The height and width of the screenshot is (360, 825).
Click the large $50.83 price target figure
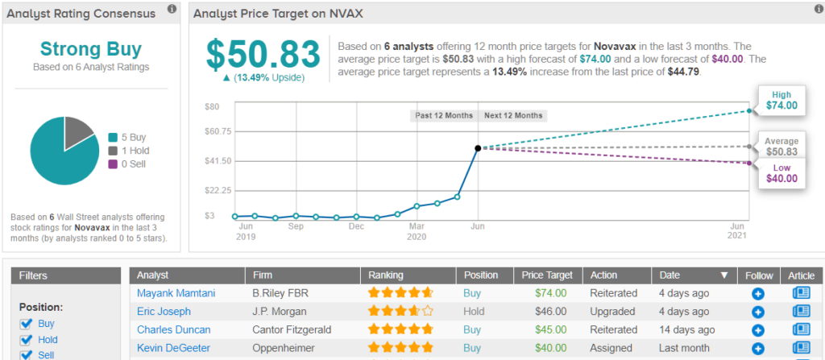tap(264, 54)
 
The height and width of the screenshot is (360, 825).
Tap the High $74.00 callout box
tap(781, 100)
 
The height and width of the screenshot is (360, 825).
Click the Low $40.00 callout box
tap(781, 173)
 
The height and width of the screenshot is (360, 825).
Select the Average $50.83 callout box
tap(781, 147)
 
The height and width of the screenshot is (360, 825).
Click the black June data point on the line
tap(478, 148)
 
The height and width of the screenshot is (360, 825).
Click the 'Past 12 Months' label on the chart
tap(444, 115)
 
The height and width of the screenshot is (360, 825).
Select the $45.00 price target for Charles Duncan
tap(551, 329)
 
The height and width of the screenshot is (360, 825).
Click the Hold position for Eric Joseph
tap(474, 311)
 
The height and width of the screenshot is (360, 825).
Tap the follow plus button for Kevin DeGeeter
tap(758, 348)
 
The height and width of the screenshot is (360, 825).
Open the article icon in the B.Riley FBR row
tap(801, 293)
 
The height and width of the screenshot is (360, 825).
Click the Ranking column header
tap(387, 275)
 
